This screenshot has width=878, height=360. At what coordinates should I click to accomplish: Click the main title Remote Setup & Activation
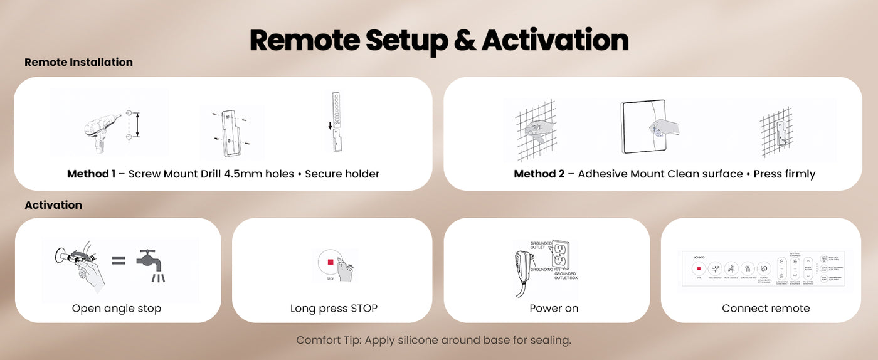[x=438, y=40]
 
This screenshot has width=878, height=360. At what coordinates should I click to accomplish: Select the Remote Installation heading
[x=78, y=62]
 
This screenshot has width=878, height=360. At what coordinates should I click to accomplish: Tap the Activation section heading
[x=53, y=205]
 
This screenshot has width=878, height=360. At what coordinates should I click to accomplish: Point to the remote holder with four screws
[x=230, y=132]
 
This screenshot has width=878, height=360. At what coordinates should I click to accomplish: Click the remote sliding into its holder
[x=337, y=122]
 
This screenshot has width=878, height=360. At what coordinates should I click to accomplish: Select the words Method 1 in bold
[x=91, y=174]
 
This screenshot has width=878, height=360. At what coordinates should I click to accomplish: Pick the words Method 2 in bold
[x=539, y=174]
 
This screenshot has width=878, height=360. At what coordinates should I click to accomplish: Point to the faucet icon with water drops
[x=150, y=266]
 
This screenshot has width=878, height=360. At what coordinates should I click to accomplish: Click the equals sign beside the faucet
[x=119, y=260]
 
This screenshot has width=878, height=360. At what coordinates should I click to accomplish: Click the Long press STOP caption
[x=334, y=309]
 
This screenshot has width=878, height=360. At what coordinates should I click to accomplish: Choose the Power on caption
[x=554, y=309]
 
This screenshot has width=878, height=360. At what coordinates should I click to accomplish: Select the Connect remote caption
[x=765, y=309]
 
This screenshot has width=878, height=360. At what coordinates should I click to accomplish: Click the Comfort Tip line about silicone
[x=433, y=341]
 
